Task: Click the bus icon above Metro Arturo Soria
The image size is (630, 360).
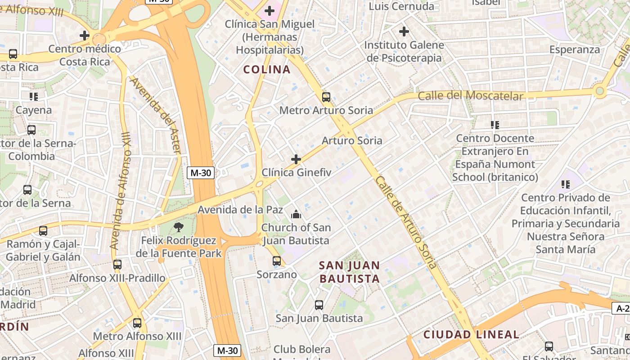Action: (326, 97)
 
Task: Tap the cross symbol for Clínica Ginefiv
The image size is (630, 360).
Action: (296, 159)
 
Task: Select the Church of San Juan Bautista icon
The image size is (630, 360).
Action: (296, 214)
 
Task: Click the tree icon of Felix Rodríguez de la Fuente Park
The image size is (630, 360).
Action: (179, 227)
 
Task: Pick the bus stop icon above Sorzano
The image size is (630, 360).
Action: (277, 261)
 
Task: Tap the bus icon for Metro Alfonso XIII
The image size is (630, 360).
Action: (137, 323)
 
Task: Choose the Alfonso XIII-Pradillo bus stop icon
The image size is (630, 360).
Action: (117, 265)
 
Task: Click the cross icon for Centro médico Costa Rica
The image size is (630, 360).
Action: (85, 35)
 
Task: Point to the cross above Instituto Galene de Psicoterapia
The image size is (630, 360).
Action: (404, 31)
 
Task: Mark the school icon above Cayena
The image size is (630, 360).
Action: (34, 96)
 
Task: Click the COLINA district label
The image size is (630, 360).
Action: (267, 70)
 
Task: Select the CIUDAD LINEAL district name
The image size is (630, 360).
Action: (471, 334)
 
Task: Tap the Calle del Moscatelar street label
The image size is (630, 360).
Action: (471, 95)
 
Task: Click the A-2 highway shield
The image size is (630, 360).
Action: (621, 308)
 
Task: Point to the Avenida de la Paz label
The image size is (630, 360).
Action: (240, 210)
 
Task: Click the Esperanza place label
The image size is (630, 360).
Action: (575, 49)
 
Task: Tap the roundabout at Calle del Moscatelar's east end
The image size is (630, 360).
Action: (599, 91)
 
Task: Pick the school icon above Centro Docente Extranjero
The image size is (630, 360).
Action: (495, 125)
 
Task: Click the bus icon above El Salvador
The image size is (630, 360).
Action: (549, 346)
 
